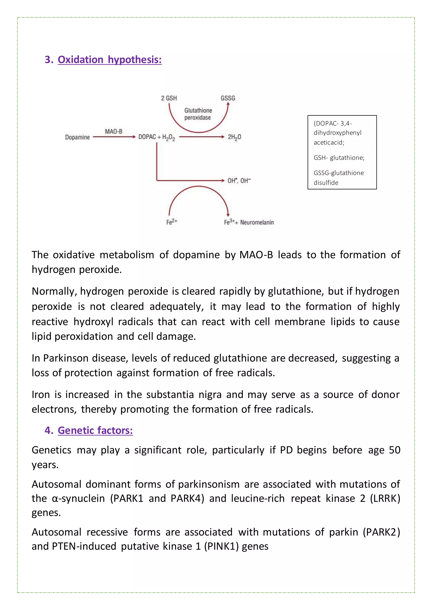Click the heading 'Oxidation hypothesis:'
(110, 60)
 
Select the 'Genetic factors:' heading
(95, 430)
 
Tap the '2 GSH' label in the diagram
(169, 98)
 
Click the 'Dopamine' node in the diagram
(77, 137)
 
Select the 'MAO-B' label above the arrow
(113, 131)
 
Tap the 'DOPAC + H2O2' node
(157, 137)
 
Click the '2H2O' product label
(234, 137)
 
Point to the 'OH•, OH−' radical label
(239, 181)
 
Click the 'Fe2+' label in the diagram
(171, 222)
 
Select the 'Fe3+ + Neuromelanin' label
(249, 222)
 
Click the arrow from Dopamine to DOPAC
(114, 137)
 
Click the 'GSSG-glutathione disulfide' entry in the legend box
(339, 178)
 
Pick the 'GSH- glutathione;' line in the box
(339, 158)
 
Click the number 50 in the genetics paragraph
(394, 450)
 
